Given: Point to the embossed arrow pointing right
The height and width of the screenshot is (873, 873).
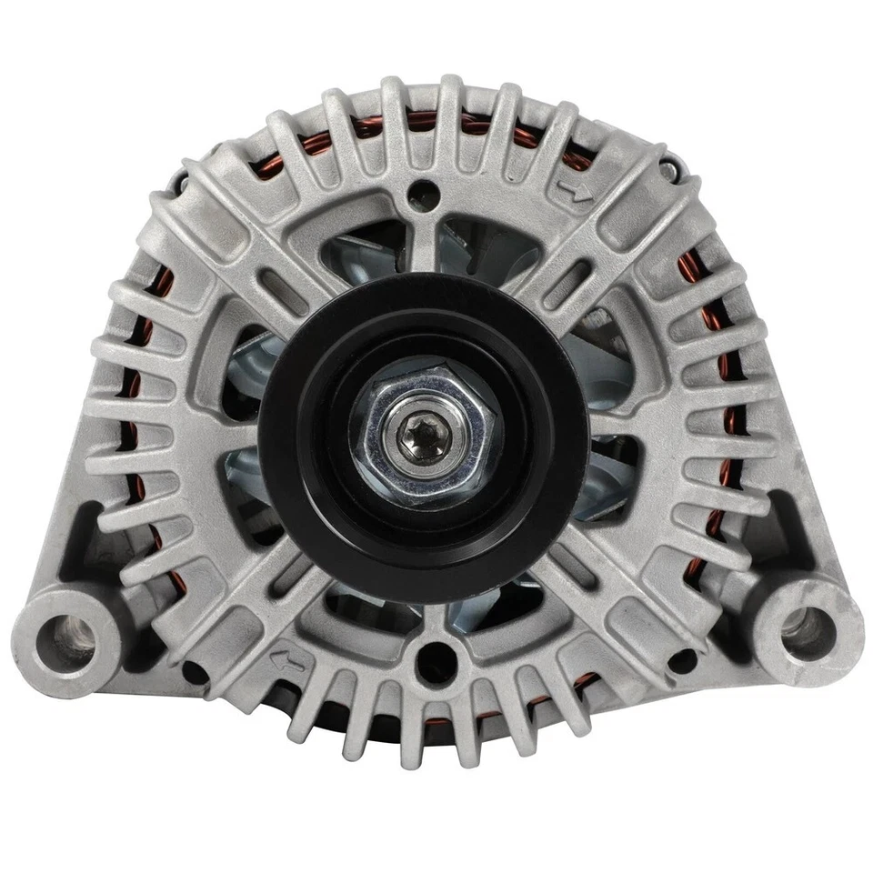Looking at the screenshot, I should (574, 192).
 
